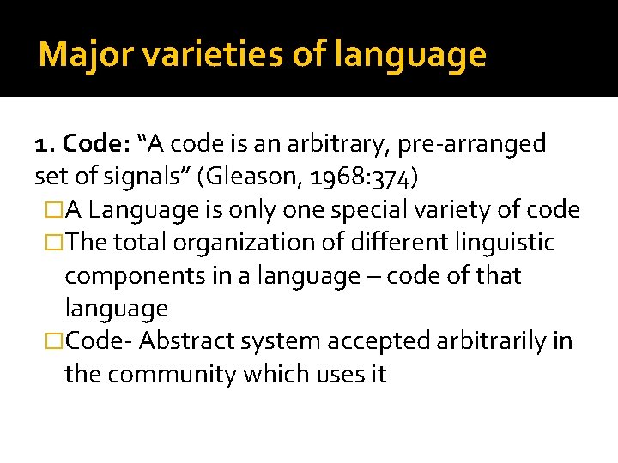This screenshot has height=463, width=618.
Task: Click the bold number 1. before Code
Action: tap(45, 144)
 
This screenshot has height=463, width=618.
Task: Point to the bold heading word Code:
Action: tap(93, 144)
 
